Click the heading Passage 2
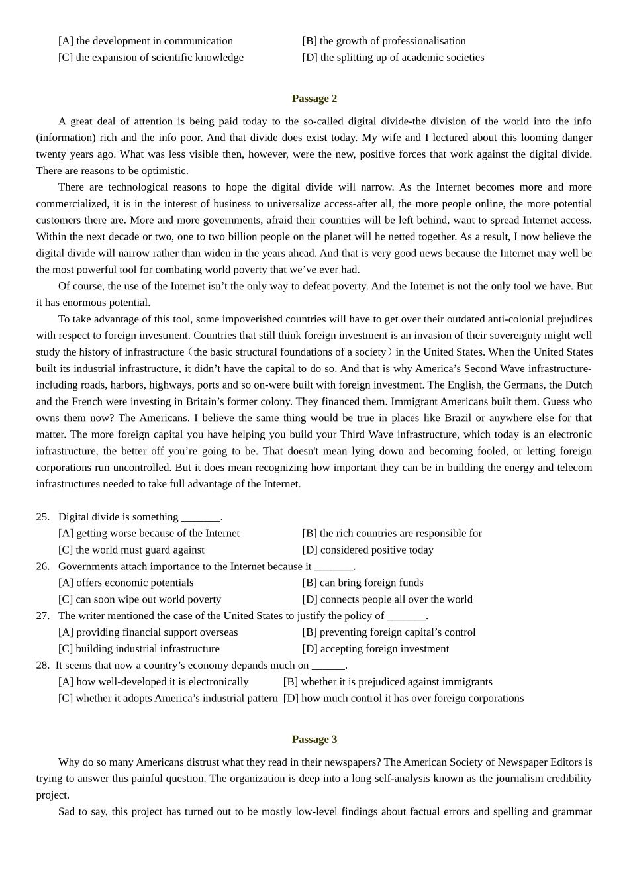(x=314, y=99)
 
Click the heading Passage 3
(x=314, y=740)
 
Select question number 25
(x=42, y=517)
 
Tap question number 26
(x=42, y=567)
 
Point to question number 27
(x=42, y=616)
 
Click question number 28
(x=42, y=666)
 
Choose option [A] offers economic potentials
(x=126, y=583)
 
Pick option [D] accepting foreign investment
(x=375, y=649)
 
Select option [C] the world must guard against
(x=131, y=550)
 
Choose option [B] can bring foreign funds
(x=362, y=583)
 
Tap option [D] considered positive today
(x=367, y=550)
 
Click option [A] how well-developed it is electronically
(x=153, y=682)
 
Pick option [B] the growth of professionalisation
(x=383, y=41)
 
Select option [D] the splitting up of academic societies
(x=393, y=58)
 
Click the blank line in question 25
(x=201, y=518)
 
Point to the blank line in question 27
(x=406, y=617)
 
